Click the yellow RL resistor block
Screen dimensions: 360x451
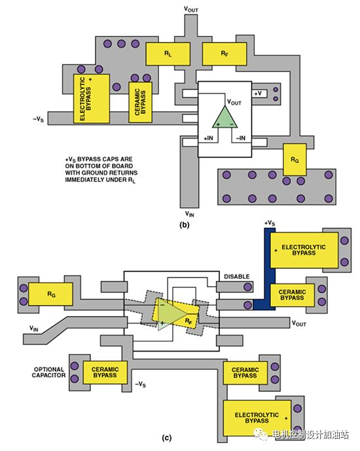168,54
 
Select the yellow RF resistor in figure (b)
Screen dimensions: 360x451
225,54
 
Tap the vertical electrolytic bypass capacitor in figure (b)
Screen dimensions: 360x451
92,99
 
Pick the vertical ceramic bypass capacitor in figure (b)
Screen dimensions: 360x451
140,102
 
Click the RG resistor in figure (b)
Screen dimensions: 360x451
295,159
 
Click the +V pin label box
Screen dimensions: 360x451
260,94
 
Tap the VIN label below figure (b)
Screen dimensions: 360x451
189,213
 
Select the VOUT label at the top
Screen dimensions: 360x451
191,9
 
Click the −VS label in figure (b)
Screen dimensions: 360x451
38,118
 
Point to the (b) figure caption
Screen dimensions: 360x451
185,225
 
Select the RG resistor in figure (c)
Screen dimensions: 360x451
50,294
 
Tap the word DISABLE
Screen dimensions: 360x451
237,277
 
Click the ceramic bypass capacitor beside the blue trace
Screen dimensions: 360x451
292,295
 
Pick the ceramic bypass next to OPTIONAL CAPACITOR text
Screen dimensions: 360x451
105,372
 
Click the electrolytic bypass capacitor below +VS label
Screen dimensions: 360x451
304,250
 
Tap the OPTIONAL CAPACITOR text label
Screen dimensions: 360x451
48,372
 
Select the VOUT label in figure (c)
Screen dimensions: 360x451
299,323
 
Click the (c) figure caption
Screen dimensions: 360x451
167,438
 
